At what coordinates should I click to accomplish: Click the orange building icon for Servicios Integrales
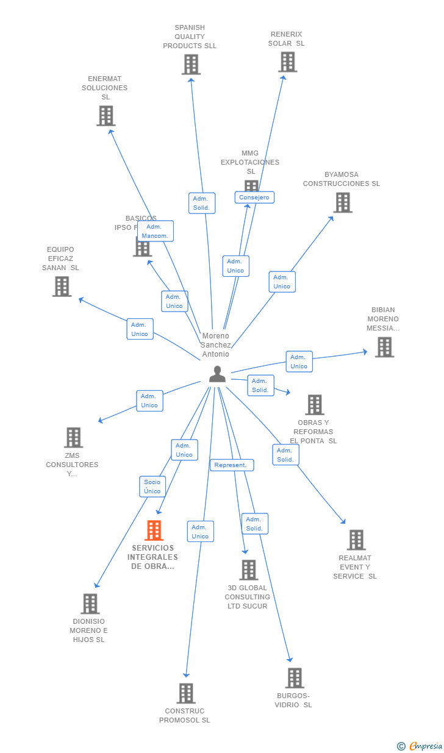pyautogui.click(x=154, y=530)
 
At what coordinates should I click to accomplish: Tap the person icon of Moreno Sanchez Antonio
pyautogui.click(x=217, y=374)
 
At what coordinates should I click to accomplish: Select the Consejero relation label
pyautogui.click(x=254, y=198)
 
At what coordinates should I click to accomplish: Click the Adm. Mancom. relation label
pyautogui.click(x=155, y=231)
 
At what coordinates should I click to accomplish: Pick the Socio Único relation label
pyautogui.click(x=152, y=487)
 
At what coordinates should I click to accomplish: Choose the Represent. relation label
pyautogui.click(x=231, y=465)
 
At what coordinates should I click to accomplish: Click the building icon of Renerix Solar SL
pyautogui.click(x=287, y=62)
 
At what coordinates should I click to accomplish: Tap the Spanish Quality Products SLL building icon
pyautogui.click(x=191, y=65)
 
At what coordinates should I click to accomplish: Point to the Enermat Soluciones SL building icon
pyautogui.click(x=106, y=116)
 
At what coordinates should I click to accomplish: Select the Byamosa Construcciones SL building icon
pyautogui.click(x=343, y=203)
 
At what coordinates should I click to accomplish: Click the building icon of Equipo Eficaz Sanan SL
pyautogui.click(x=62, y=287)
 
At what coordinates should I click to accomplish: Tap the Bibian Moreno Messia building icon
pyautogui.click(x=384, y=347)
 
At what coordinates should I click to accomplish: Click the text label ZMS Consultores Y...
pyautogui.click(x=72, y=465)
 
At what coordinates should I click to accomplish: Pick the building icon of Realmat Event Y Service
pyautogui.click(x=356, y=540)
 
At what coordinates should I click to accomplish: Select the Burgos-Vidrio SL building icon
pyautogui.click(x=295, y=677)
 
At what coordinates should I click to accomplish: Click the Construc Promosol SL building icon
pyautogui.click(x=186, y=693)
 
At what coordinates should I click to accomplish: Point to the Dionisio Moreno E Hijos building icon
pyautogui.click(x=90, y=604)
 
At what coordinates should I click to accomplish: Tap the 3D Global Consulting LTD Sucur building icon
pyautogui.click(x=248, y=570)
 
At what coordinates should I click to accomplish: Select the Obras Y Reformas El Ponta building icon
pyautogui.click(x=314, y=405)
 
